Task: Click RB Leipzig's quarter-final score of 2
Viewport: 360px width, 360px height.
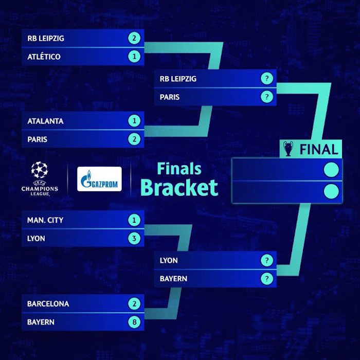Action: (134, 38)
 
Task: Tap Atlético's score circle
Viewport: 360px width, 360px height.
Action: (134, 56)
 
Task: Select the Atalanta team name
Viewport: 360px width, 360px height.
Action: (45, 121)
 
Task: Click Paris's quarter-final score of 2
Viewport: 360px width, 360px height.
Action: (134, 139)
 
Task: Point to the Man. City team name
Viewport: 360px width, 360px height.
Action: (45, 220)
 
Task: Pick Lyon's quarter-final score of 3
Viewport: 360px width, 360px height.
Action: (134, 238)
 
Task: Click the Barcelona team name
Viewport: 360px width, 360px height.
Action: (48, 304)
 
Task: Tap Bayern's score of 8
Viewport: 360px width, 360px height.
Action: (134, 322)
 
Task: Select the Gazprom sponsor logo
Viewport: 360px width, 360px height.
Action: (99, 179)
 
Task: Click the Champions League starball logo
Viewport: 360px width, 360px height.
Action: (40, 170)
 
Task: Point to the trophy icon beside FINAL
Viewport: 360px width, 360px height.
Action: (288, 149)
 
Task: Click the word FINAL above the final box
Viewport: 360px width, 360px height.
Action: (319, 150)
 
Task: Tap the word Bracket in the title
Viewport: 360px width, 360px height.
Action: (179, 188)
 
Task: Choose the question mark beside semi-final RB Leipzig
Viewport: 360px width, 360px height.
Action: (267, 79)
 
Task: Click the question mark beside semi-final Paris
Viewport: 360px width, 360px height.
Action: (267, 97)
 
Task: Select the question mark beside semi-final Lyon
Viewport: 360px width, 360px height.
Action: (267, 260)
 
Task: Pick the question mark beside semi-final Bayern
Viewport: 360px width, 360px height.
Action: (267, 279)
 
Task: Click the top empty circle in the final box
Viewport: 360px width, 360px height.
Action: (331, 170)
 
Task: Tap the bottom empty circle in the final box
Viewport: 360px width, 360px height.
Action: (331, 191)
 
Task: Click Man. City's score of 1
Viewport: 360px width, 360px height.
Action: (134, 220)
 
